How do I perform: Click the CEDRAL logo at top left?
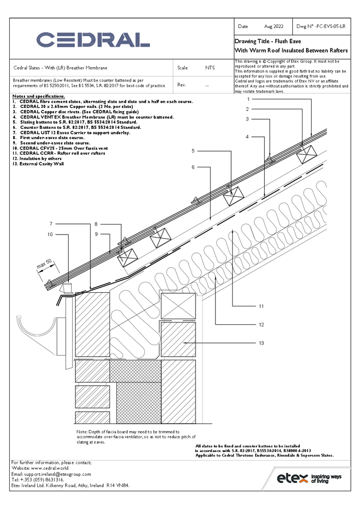[x=93, y=40]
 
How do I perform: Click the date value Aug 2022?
[x=274, y=26]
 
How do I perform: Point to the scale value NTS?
[x=210, y=68]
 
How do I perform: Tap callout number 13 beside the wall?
[x=261, y=344]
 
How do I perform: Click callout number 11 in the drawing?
[x=261, y=306]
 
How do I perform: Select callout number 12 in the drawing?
[x=261, y=325]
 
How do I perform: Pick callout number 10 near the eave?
[x=50, y=235]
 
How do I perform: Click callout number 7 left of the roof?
[x=51, y=224]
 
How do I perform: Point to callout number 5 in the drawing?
[x=193, y=151]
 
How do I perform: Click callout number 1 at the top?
[x=247, y=99]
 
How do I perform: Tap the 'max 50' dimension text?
[x=44, y=265]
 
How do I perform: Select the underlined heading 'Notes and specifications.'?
[x=39, y=97]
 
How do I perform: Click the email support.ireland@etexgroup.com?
[x=51, y=474]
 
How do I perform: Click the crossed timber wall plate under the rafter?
[x=178, y=305]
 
